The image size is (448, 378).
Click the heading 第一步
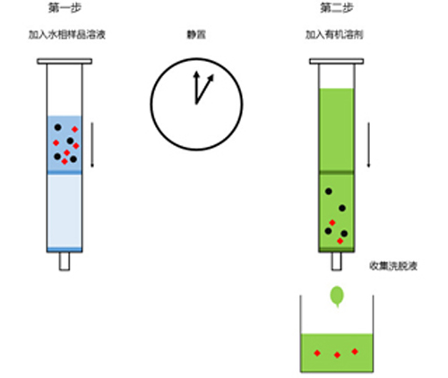point(65,8)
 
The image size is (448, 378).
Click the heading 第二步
point(337,8)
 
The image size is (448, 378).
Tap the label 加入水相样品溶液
point(67,35)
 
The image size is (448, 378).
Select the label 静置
point(196,35)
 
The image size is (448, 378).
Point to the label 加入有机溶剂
point(334,35)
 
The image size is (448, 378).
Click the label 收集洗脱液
point(393,265)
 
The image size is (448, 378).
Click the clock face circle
point(151,104)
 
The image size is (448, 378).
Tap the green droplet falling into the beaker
point(337,296)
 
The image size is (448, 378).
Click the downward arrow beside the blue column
point(92,145)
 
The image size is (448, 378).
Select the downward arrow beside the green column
point(368,145)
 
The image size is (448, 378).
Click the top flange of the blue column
point(65,61)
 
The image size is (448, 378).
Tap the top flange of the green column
point(337,61)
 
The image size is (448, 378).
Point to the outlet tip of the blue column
point(65,262)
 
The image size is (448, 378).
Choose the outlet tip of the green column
point(337,262)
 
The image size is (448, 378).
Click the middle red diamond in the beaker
point(337,355)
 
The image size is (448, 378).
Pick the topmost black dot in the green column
point(329,192)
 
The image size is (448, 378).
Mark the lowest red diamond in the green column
point(340,241)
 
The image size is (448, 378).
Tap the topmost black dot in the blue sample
point(58,127)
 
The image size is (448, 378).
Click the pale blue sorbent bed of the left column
point(65,211)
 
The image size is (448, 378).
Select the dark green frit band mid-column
point(337,172)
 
